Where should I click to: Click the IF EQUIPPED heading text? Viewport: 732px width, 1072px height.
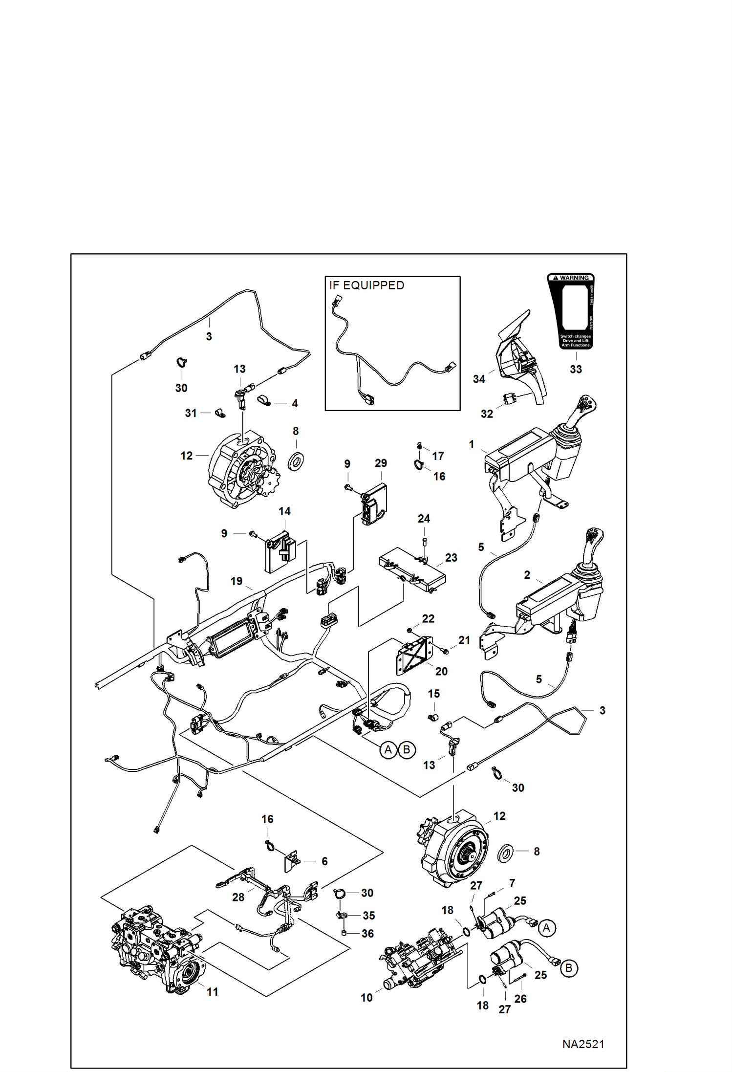pos(366,285)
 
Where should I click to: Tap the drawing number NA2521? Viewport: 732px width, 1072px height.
pos(583,1044)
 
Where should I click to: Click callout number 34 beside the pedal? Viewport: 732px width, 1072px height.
pos(479,379)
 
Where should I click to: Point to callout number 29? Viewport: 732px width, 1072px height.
pos(381,463)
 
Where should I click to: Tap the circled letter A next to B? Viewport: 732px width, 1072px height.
pos(388,749)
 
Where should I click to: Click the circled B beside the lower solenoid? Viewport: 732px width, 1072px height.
pos(568,968)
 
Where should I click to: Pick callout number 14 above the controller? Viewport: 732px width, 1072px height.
pos(284,511)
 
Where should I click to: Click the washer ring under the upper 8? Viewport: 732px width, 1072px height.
pos(296,461)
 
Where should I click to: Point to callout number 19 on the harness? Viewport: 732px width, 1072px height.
pos(237,581)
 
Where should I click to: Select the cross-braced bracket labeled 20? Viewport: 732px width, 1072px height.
pos(414,655)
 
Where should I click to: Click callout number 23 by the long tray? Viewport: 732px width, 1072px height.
pos(451,558)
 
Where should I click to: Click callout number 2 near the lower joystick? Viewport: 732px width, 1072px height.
pos(527,575)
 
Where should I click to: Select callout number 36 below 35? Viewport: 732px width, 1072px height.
pos(367,934)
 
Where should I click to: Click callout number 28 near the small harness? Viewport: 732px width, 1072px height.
pos(238,897)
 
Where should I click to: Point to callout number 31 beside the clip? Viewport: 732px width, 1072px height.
pos(191,413)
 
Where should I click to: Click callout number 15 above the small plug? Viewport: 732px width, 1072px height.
pos(433,694)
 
